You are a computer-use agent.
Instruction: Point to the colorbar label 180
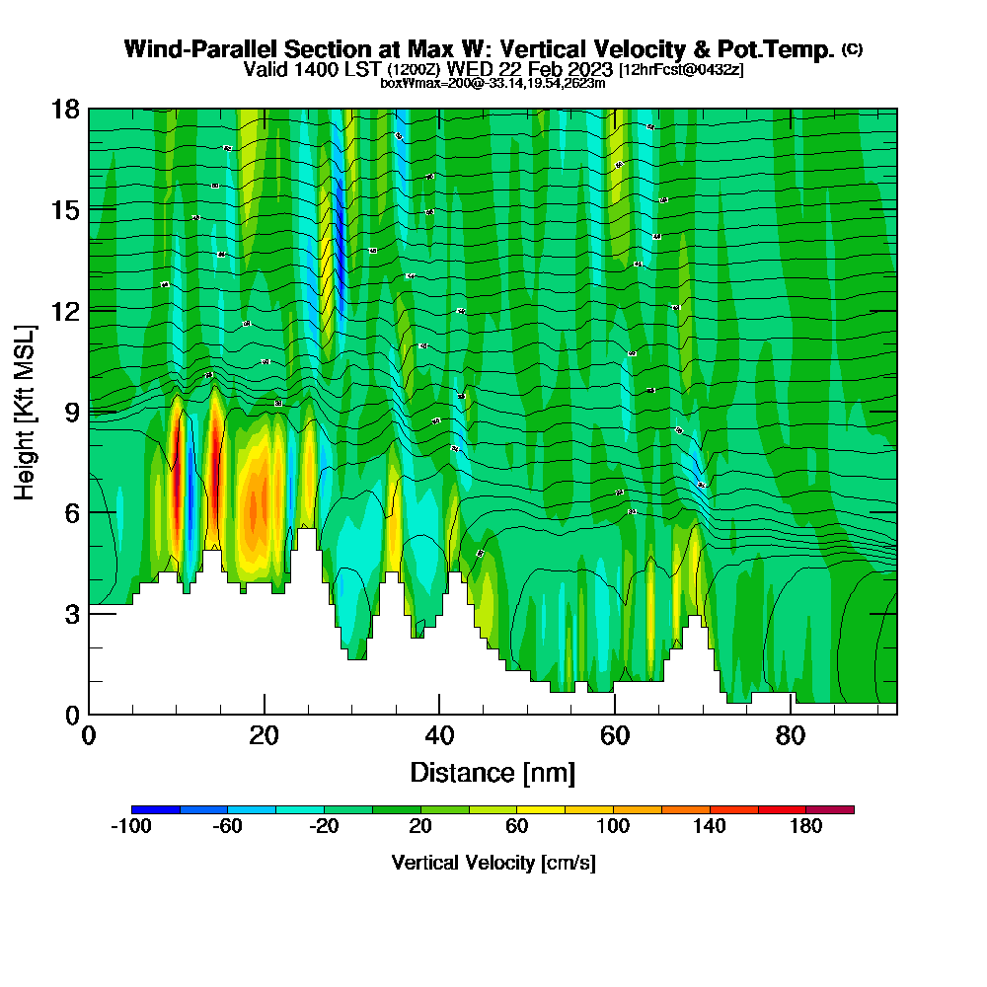[x=806, y=827]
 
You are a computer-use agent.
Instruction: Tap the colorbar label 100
[x=613, y=827]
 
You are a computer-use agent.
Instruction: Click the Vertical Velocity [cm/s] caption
[x=493, y=863]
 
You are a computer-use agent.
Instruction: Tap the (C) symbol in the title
[x=853, y=49]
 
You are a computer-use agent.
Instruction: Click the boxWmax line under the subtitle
[x=493, y=83]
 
